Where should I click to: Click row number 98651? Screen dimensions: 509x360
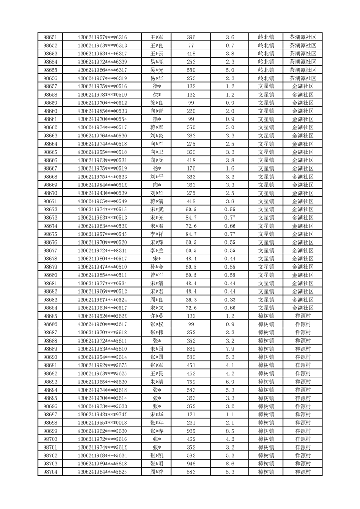(50, 37)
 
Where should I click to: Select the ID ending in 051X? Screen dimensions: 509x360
(102, 185)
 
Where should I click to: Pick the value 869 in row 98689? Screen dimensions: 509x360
(191, 349)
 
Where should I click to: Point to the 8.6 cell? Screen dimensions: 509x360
(229, 464)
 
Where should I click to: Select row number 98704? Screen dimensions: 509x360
(50, 472)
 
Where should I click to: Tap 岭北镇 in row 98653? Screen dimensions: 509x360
(266, 54)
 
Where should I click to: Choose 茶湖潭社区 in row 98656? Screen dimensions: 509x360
(302, 78)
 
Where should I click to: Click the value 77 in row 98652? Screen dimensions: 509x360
(191, 45)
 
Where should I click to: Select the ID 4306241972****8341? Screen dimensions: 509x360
(102, 250)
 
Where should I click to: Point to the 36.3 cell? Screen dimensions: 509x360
(191, 300)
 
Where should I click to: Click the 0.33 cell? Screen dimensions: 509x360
(229, 300)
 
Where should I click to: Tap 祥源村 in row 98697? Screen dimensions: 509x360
(302, 415)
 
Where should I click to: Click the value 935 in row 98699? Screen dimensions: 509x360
(191, 431)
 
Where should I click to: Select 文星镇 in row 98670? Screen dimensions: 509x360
(266, 193)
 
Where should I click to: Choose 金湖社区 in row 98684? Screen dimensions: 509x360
(302, 308)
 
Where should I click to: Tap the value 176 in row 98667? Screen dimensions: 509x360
(191, 168)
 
